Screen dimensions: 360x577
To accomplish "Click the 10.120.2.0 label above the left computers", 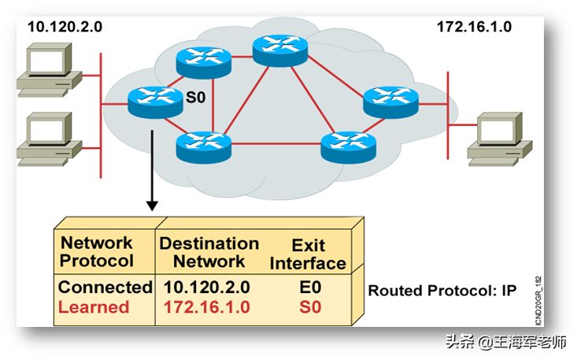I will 65,27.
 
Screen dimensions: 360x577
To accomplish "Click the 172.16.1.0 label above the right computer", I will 474,27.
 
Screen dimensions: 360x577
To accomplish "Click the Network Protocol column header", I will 97,251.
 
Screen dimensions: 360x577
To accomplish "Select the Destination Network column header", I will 209,252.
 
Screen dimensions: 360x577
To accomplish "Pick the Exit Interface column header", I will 308,254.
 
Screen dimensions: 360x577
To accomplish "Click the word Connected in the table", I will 105,288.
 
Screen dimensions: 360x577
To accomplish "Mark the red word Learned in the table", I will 93,306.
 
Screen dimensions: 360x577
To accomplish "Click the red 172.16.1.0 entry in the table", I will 206,306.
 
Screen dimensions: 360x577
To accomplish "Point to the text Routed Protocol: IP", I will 442,291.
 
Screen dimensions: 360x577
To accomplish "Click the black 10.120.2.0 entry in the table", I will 206,288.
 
